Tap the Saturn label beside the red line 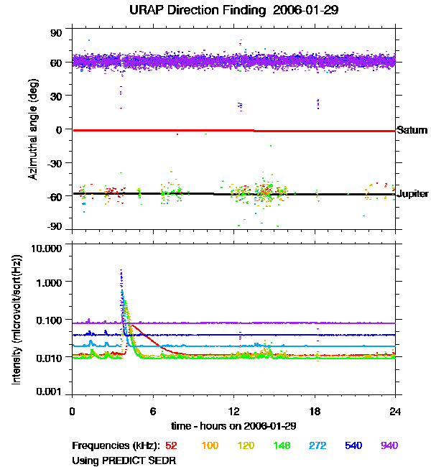tap(412, 131)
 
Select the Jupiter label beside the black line tap(413, 194)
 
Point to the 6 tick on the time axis tap(153, 410)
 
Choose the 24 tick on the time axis tap(395, 410)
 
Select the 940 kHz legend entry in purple tap(389, 446)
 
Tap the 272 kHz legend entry tap(317, 446)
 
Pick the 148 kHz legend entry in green tap(281, 446)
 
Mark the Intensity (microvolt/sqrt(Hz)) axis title tap(17, 320)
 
